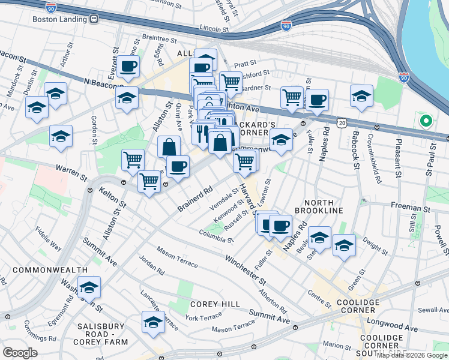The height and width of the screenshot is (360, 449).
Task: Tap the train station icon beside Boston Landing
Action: pyautogui.click(x=94, y=19)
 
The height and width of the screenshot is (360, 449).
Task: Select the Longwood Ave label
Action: pyautogui.click(x=398, y=329)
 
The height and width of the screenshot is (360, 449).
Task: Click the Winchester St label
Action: pyautogui.click(x=246, y=271)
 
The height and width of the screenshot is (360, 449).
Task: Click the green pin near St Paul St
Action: pyautogui.click(x=426, y=121)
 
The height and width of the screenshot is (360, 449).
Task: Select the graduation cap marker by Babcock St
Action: pyautogui.click(x=362, y=96)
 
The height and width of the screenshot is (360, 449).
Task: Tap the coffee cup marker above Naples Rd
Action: pyautogui.click(x=318, y=99)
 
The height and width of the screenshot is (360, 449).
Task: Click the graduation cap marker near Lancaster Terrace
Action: pyautogui.click(x=153, y=322)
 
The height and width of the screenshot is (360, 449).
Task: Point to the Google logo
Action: pyautogui.click(x=20, y=353)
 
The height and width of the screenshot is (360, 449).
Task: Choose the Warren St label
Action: pyautogui.click(x=71, y=172)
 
